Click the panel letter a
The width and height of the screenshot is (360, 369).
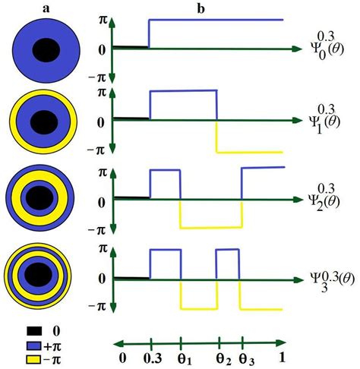pyautogui.click(x=46, y=9)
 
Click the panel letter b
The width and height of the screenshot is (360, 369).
pyautogui.click(x=201, y=8)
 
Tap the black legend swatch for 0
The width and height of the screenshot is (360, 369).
pyautogui.click(x=34, y=331)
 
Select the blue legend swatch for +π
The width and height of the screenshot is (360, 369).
pyautogui.click(x=34, y=345)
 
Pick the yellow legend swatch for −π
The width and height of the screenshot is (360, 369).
pyautogui.click(x=34, y=359)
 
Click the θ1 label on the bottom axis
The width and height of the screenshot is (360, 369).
pyautogui.click(x=184, y=359)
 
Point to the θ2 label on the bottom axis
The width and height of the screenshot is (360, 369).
pyautogui.click(x=223, y=360)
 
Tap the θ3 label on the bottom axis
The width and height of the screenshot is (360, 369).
pyautogui.click(x=247, y=360)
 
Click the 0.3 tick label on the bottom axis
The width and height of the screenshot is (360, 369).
pyautogui.click(x=153, y=358)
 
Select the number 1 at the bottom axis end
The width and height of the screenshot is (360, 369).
pyautogui.click(x=282, y=358)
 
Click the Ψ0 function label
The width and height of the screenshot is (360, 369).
pyautogui.click(x=327, y=46)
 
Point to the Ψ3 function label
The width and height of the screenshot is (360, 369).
pyautogui.click(x=333, y=281)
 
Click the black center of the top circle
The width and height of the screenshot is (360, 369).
pyautogui.click(x=46, y=50)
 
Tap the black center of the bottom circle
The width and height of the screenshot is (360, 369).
pyautogui.click(x=39, y=275)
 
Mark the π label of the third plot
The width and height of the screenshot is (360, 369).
pyautogui.click(x=103, y=173)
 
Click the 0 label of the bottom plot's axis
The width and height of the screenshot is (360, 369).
pyautogui.click(x=102, y=279)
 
